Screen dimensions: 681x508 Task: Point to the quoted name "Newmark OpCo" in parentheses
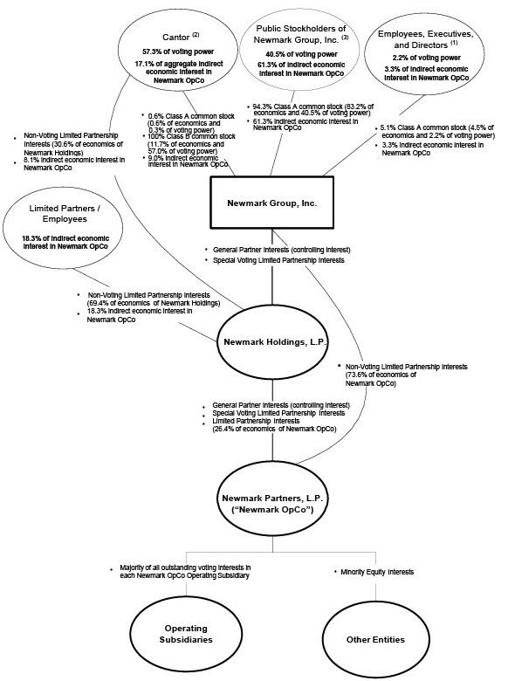[x=272, y=512]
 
